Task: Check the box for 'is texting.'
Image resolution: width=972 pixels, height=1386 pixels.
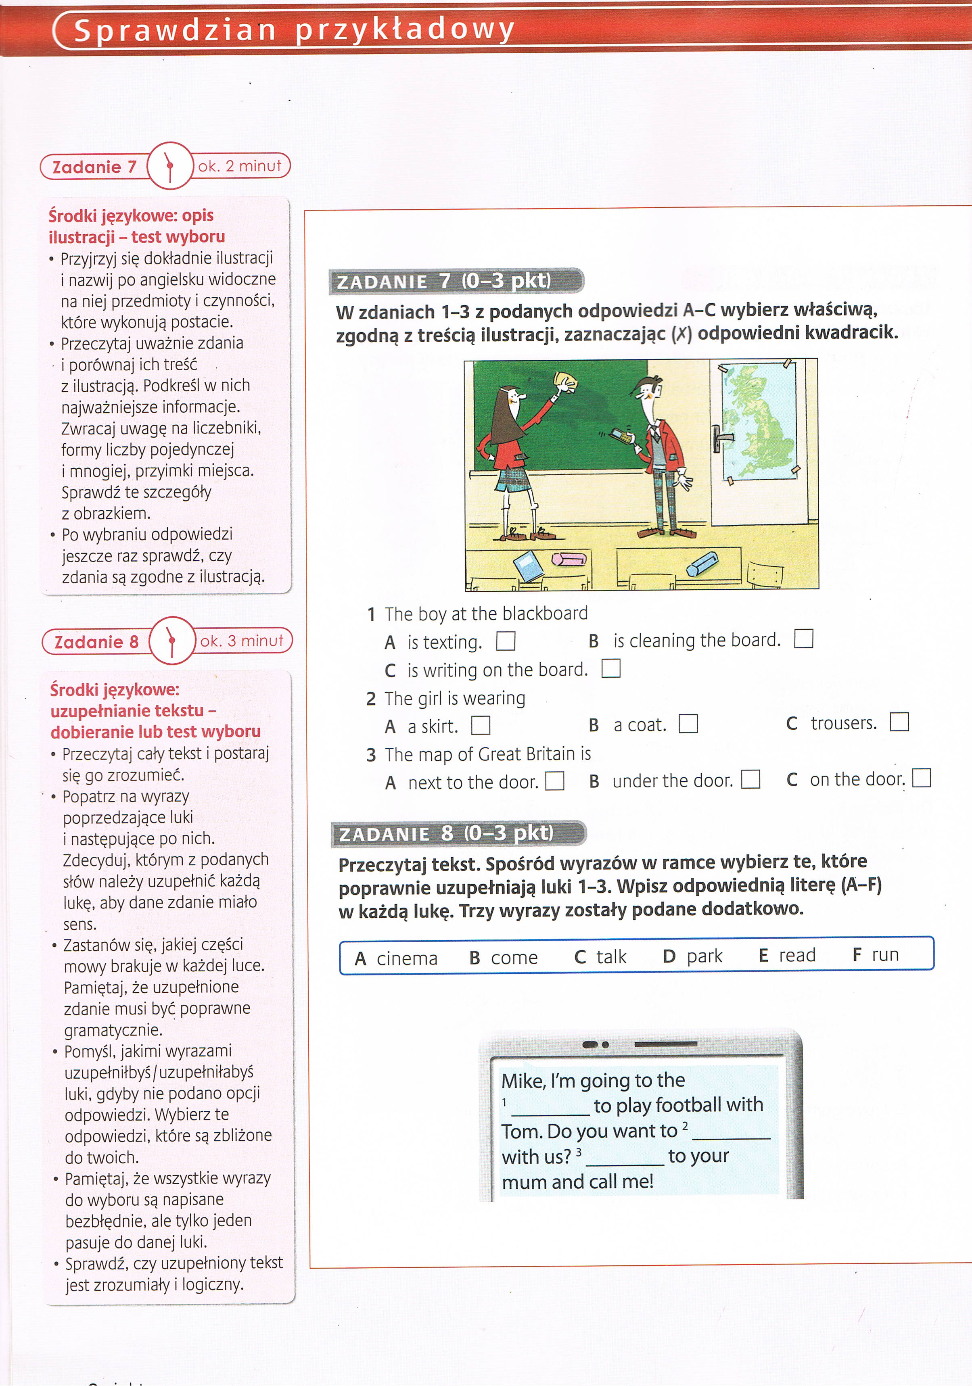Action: (x=505, y=641)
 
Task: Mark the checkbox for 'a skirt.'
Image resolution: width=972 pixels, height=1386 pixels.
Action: (x=481, y=724)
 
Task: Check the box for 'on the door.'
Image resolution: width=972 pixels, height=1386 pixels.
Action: (x=921, y=778)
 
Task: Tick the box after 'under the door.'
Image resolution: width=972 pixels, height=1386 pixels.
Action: (x=750, y=779)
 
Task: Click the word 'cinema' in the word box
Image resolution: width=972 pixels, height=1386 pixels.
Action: (x=406, y=958)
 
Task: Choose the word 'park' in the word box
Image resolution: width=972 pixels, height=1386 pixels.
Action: (x=704, y=956)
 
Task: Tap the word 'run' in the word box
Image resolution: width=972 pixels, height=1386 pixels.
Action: (x=885, y=954)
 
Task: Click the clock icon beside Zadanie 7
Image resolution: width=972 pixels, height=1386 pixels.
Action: (x=169, y=165)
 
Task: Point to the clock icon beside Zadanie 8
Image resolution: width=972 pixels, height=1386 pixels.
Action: (x=172, y=641)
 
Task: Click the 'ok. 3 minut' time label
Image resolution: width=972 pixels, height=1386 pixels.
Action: (x=242, y=641)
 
